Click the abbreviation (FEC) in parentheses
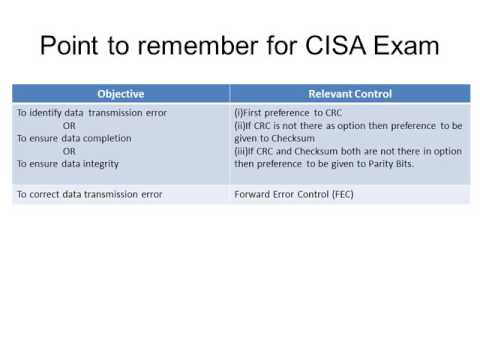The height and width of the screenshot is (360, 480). [x=343, y=194]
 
